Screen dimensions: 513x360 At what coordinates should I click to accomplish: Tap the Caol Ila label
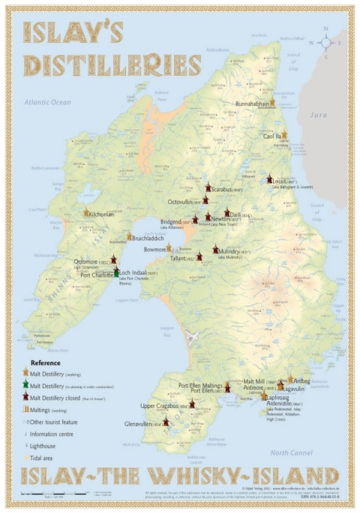[x=273, y=137]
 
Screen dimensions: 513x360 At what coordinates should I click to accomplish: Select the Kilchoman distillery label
[x=102, y=214]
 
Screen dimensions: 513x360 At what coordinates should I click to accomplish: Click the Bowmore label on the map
[x=154, y=248]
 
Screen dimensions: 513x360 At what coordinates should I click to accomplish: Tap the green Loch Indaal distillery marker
[x=116, y=274]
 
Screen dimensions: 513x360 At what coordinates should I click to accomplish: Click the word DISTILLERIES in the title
[x=112, y=65]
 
